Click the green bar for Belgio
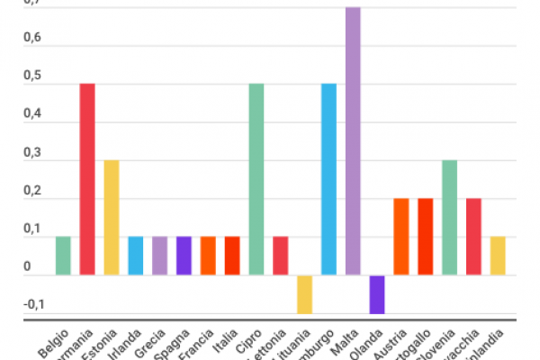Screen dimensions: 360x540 click(63, 256)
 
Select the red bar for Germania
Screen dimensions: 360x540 click(87, 179)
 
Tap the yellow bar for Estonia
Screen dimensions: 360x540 click(112, 217)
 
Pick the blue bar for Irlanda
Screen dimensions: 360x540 click(136, 256)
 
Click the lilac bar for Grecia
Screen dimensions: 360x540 click(159, 256)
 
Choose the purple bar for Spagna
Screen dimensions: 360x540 click(184, 256)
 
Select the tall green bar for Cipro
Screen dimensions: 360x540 click(256, 179)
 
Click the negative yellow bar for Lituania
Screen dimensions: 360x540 click(304, 294)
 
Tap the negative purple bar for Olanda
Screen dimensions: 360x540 click(376, 294)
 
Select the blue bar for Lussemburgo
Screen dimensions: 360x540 click(328, 179)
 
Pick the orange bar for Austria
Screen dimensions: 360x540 click(400, 237)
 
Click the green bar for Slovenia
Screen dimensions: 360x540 click(449, 217)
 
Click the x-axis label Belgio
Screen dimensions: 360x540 click(52, 344)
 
